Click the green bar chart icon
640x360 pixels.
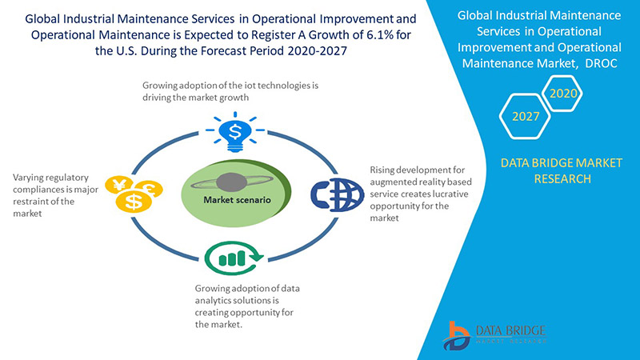233,258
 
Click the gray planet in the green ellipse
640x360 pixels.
233,182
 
